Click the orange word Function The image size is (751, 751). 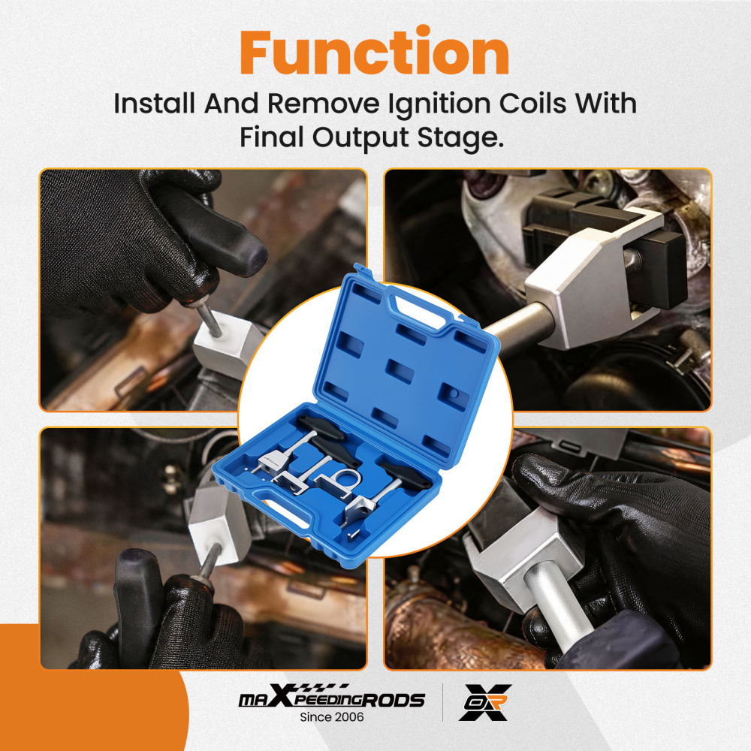[374, 52]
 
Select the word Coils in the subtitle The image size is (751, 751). [532, 103]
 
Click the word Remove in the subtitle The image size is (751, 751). [323, 103]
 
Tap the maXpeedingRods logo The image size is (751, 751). [331, 695]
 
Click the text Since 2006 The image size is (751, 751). [331, 717]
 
